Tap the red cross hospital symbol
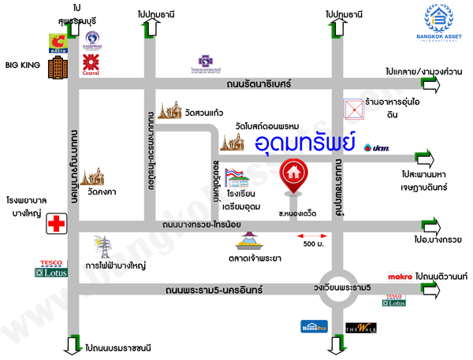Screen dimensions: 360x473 coord(56,224)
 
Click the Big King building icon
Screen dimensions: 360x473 coord(56,67)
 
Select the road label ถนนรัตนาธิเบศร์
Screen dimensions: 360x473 coord(258,82)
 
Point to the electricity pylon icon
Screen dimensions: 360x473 coord(101,247)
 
